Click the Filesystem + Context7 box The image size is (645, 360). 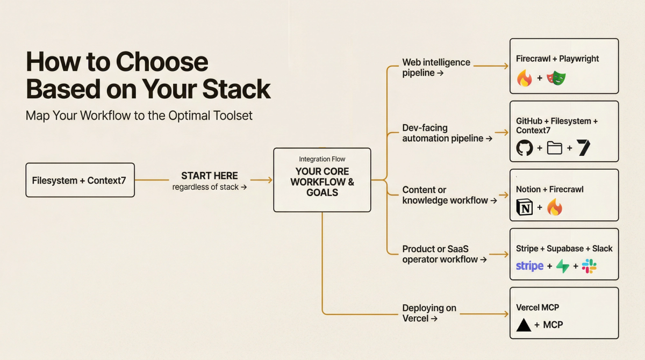tap(80, 181)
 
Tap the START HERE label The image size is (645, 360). tap(210, 176)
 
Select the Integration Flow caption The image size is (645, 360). tap(322, 159)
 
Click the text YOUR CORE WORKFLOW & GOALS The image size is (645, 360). tap(322, 182)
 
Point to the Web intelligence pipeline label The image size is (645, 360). tap(436, 67)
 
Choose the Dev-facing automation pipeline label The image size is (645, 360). tap(447, 133)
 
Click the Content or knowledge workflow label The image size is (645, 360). tap(449, 195)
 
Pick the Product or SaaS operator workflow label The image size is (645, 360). tap(444, 254)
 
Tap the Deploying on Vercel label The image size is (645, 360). tap(429, 313)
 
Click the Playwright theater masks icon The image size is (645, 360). tap(556, 78)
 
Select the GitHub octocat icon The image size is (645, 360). tap(525, 148)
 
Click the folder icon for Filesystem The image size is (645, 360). tap(554, 148)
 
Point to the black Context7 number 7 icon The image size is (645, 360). tap(584, 148)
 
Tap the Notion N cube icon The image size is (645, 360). tap(525, 207)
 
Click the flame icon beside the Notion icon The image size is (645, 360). tap(555, 207)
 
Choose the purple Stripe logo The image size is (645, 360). tap(529, 266)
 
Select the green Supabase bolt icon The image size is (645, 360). tap(562, 266)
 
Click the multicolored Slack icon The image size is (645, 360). tap(589, 266)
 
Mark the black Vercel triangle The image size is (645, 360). tap(524, 325)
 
